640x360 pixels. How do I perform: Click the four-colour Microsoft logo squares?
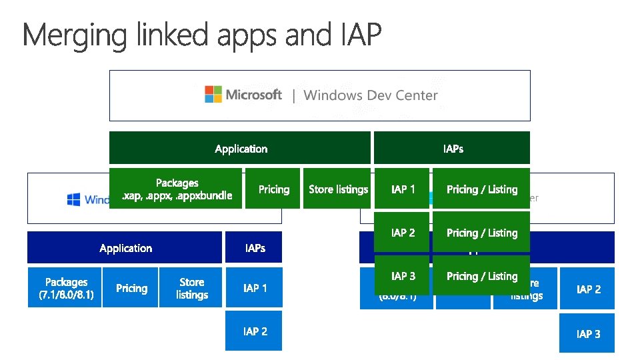click(213, 94)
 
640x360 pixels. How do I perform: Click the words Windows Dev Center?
click(371, 95)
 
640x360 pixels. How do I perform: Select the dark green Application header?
click(240, 148)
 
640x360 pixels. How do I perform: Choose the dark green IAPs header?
click(452, 148)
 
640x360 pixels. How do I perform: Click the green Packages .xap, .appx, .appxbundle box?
click(176, 189)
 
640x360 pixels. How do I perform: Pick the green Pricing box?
click(273, 189)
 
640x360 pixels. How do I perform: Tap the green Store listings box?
click(337, 189)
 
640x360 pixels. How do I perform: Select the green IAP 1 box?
click(402, 189)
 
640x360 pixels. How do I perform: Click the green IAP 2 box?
click(402, 233)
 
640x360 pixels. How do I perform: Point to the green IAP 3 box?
click(402, 276)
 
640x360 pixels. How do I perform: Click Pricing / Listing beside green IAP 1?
click(481, 189)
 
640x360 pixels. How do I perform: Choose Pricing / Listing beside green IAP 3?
click(481, 276)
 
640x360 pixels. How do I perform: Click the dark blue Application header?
click(125, 247)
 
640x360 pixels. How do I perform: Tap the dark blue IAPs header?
click(254, 247)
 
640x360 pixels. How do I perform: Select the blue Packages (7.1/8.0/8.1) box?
click(65, 288)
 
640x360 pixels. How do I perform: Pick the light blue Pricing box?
click(131, 288)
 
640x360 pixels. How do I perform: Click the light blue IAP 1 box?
click(254, 288)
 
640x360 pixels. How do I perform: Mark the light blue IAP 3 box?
click(587, 333)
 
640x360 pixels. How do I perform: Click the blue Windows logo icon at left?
click(74, 199)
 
